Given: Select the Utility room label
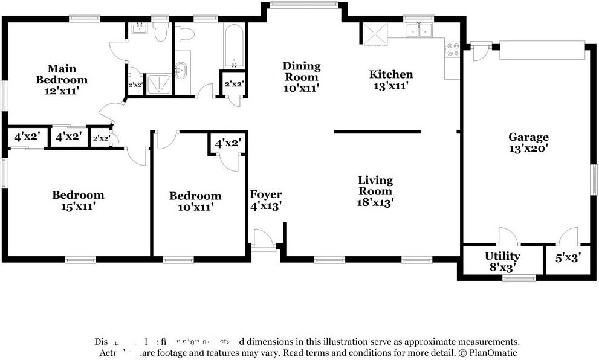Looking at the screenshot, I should coord(502,261).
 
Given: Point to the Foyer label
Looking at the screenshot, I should coord(266,200).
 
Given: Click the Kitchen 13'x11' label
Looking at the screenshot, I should coord(391,80).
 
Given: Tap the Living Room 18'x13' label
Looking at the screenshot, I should coord(375,191).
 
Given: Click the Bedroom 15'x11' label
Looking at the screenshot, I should coord(77,200).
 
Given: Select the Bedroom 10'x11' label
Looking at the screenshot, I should coord(195,201).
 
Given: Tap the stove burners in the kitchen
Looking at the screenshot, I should coord(452,50).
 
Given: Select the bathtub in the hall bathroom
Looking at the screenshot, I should coord(234,46).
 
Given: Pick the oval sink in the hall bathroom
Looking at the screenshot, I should coord(180,70).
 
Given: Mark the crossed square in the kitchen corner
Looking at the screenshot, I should coord(375,34).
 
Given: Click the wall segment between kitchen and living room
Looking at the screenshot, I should coord(377,131).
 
